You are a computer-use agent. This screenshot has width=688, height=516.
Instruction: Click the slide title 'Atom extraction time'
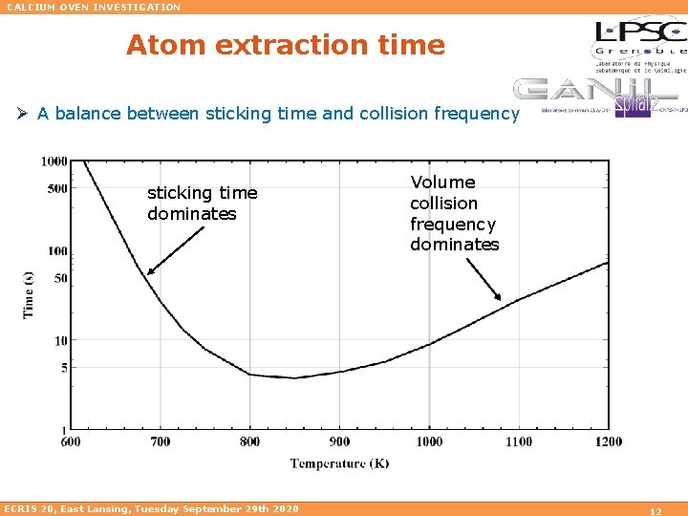285,45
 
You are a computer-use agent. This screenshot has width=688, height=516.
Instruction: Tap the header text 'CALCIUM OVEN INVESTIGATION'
93,7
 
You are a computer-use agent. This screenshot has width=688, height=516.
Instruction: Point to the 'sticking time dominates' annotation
202,204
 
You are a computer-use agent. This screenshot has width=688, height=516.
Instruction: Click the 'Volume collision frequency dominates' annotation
454,213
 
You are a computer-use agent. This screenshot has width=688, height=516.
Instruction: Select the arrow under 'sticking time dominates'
176,250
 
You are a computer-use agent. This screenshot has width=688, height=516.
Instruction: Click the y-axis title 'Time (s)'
29,295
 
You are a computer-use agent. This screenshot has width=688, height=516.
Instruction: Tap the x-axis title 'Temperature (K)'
339,463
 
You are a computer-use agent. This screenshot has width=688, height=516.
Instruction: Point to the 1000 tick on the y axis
54,161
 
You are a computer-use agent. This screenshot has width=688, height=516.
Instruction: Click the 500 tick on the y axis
57,188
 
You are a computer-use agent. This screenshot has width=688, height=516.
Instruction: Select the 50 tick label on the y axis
60,278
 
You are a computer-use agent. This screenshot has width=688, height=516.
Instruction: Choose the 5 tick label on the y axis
63,367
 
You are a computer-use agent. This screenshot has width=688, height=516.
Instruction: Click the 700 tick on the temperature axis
160,441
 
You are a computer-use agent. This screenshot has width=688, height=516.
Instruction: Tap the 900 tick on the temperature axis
339,441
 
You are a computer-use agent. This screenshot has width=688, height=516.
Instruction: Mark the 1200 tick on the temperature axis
607,441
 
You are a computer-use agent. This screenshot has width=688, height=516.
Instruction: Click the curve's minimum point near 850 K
295,377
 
